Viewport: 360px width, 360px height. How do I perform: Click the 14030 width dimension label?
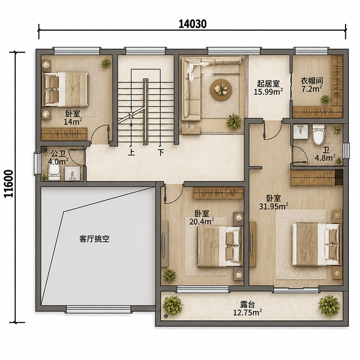pyautogui.click(x=193, y=24)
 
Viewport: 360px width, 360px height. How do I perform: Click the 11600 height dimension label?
pyautogui.click(x=9, y=184)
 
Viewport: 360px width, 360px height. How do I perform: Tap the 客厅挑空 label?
pyautogui.click(x=94, y=239)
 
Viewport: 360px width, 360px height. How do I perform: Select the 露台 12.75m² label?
pyautogui.click(x=247, y=308)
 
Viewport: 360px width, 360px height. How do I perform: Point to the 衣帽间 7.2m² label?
pyautogui.click(x=312, y=85)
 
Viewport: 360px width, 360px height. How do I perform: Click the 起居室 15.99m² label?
pyautogui.click(x=268, y=87)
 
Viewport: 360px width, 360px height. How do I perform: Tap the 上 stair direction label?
pyautogui.click(x=131, y=152)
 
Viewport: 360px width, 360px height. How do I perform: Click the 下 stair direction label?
pyautogui.click(x=161, y=152)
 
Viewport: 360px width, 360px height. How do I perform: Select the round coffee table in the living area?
pyautogui.click(x=220, y=89)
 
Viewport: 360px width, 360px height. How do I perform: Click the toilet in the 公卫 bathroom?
pyautogui.click(x=54, y=173)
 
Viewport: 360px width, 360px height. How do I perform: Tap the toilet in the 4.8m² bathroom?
pyautogui.click(x=319, y=134)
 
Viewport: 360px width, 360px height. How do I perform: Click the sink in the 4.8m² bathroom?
pyautogui.click(x=301, y=131)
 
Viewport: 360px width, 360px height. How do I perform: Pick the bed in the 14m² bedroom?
pyautogui.click(x=65, y=89)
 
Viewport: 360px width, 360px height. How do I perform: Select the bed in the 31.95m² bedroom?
pyautogui.click(x=316, y=244)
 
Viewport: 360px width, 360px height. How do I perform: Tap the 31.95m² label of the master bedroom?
pyautogui.click(x=274, y=207)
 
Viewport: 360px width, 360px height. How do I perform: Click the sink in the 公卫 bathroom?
pyautogui.click(x=72, y=174)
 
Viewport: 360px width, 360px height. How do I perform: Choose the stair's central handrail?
pyautogui.click(x=145, y=112)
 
